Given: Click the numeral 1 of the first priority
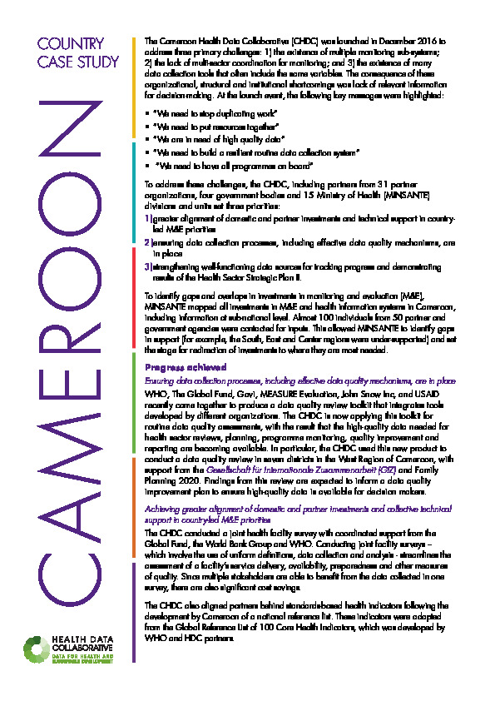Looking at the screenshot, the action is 147,216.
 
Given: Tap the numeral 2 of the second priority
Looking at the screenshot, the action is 147,242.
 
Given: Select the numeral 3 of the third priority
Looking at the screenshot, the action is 147,266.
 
